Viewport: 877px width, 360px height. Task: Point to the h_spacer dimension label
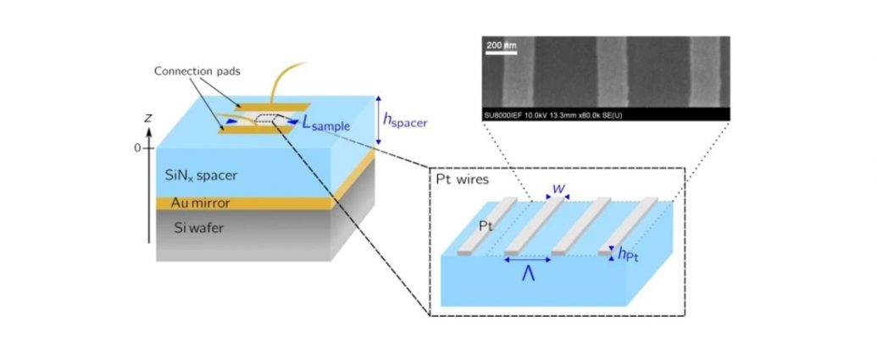[x=404, y=119]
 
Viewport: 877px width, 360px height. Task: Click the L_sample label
[x=326, y=125]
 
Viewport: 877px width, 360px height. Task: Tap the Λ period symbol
[x=528, y=274]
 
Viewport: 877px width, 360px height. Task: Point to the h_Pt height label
[x=629, y=255]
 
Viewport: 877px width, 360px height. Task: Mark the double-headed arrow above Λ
[x=527, y=260]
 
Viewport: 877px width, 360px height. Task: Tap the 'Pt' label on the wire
[x=486, y=226]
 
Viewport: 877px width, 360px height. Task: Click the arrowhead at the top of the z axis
[x=149, y=132]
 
